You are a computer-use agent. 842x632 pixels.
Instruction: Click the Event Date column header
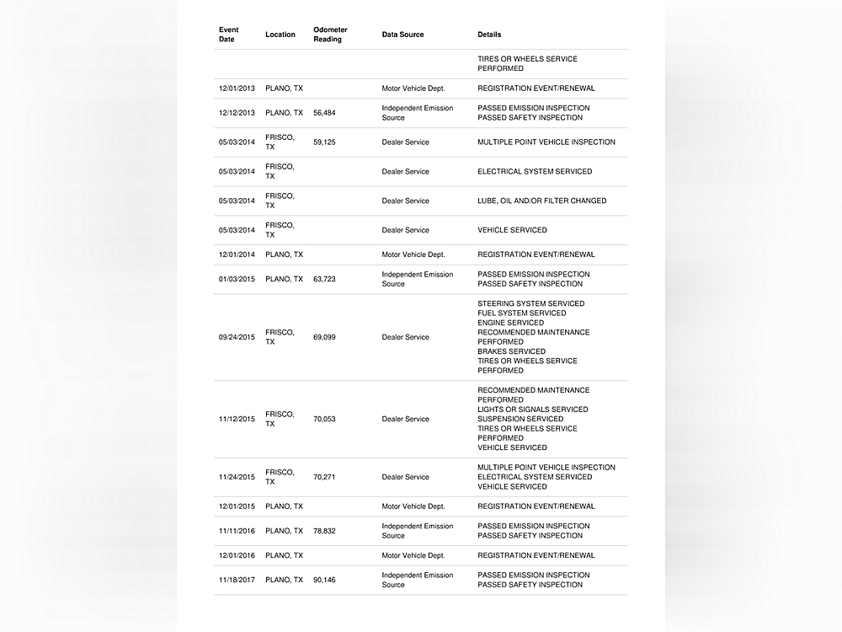click(x=228, y=35)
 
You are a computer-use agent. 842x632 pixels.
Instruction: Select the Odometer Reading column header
click(x=330, y=35)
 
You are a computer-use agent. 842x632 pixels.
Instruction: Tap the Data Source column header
click(x=402, y=35)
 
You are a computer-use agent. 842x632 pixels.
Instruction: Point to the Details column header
click(x=489, y=35)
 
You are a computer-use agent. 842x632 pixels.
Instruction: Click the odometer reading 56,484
click(x=324, y=113)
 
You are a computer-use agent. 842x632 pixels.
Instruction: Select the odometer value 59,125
click(x=324, y=142)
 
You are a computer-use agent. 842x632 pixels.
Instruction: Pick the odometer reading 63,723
click(x=324, y=279)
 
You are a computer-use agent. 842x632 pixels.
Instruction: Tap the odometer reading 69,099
click(x=324, y=337)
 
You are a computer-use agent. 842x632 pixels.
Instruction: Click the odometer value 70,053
click(x=324, y=419)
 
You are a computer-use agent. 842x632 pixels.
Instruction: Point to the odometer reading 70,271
click(x=324, y=477)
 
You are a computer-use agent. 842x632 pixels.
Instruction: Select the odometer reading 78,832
click(x=324, y=531)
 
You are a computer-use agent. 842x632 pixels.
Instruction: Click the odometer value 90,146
click(x=324, y=580)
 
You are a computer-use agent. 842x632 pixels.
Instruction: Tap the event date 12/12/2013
click(x=237, y=113)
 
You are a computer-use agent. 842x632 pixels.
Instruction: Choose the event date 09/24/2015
click(x=237, y=337)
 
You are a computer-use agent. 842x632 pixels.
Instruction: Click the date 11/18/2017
click(x=237, y=580)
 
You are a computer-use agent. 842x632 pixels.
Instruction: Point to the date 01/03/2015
click(x=237, y=279)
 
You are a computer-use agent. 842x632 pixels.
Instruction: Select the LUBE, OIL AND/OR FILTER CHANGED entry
click(x=541, y=201)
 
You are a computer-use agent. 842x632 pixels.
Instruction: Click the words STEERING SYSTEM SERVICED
click(x=530, y=303)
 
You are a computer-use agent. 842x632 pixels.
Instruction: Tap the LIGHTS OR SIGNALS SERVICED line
click(x=532, y=410)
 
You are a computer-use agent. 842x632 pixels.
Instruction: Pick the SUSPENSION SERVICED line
click(x=520, y=419)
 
